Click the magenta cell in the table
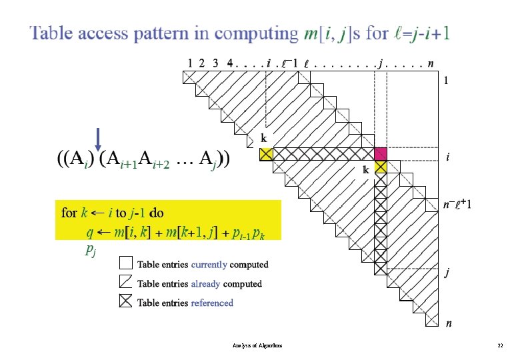[x=381, y=154]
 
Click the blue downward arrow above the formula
[x=99, y=139]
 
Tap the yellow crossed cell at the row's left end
[x=266, y=154]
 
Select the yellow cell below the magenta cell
[x=381, y=167]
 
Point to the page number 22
[x=499, y=346]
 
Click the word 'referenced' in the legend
[x=212, y=303]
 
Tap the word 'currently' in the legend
[x=209, y=265]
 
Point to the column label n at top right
[x=432, y=63]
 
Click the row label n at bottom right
[x=449, y=324]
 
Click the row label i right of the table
[x=447, y=158]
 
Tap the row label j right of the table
[x=448, y=273]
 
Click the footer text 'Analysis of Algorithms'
[x=257, y=346]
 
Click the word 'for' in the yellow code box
[x=69, y=213]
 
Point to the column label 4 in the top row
[x=230, y=63]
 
